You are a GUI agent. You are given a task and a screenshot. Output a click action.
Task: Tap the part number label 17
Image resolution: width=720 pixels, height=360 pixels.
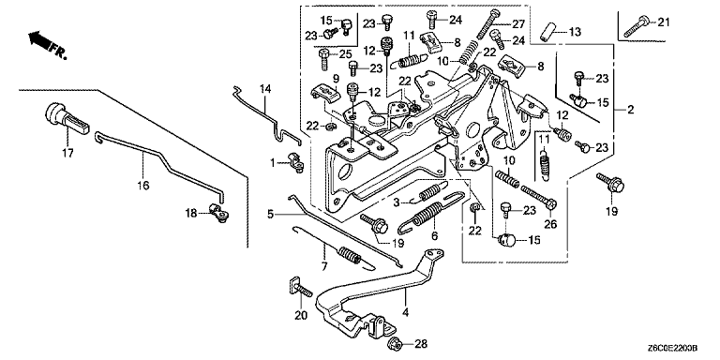67,153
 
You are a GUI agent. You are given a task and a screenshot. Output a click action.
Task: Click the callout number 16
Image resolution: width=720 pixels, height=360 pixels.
142,185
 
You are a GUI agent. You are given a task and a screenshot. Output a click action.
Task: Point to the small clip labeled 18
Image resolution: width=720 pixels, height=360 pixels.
219,213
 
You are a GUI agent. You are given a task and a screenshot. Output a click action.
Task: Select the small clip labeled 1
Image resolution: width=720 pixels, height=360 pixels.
294,162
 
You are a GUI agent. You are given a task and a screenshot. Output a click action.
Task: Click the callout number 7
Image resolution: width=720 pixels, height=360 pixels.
324,266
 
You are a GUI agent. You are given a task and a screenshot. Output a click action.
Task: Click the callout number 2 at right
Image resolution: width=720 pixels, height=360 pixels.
630,110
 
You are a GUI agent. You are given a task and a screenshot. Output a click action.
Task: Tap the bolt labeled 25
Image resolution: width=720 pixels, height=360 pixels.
324,59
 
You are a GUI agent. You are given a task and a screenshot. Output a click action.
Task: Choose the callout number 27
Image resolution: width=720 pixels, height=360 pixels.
517,22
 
